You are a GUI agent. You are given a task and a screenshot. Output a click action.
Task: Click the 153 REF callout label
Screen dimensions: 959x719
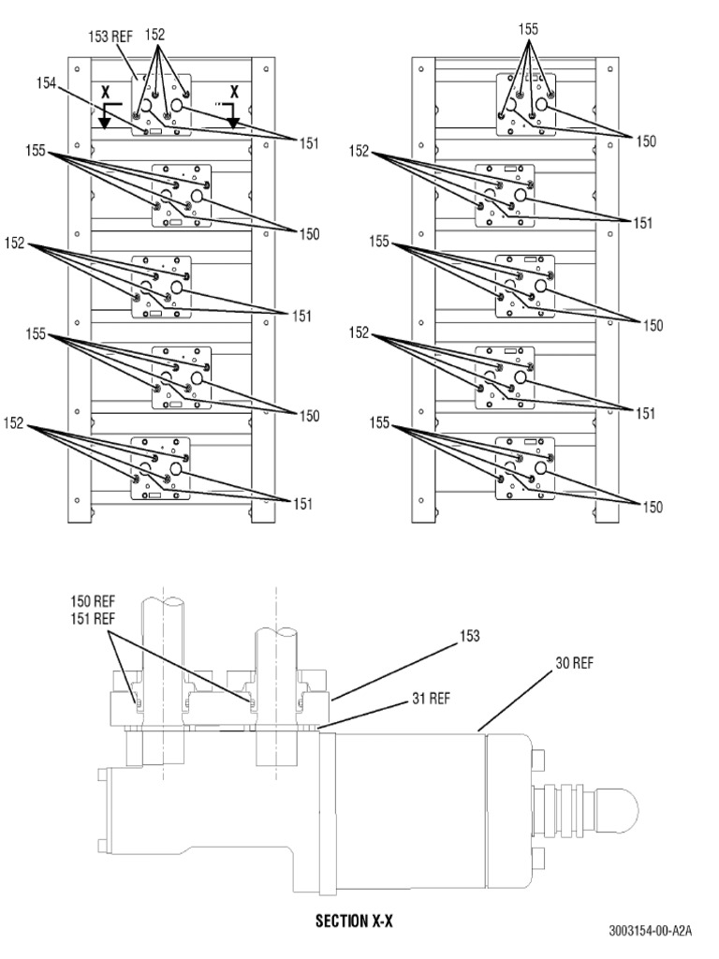click(x=110, y=37)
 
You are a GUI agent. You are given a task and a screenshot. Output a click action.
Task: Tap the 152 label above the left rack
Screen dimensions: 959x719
click(x=155, y=34)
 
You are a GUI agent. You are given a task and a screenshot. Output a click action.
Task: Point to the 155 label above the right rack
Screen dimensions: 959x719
click(x=528, y=30)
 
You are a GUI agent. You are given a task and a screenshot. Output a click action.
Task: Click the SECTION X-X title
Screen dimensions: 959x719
click(x=354, y=922)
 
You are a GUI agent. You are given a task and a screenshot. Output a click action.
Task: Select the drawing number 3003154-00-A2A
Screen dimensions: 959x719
click(x=649, y=930)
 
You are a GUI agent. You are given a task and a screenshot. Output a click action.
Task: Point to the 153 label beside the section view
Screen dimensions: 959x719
click(x=468, y=637)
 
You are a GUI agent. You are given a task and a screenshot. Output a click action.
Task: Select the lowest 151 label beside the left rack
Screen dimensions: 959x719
click(x=301, y=505)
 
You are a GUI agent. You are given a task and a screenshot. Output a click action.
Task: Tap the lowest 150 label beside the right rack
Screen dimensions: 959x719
click(x=652, y=507)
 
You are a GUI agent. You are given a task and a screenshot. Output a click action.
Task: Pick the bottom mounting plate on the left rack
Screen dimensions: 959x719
click(x=161, y=465)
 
